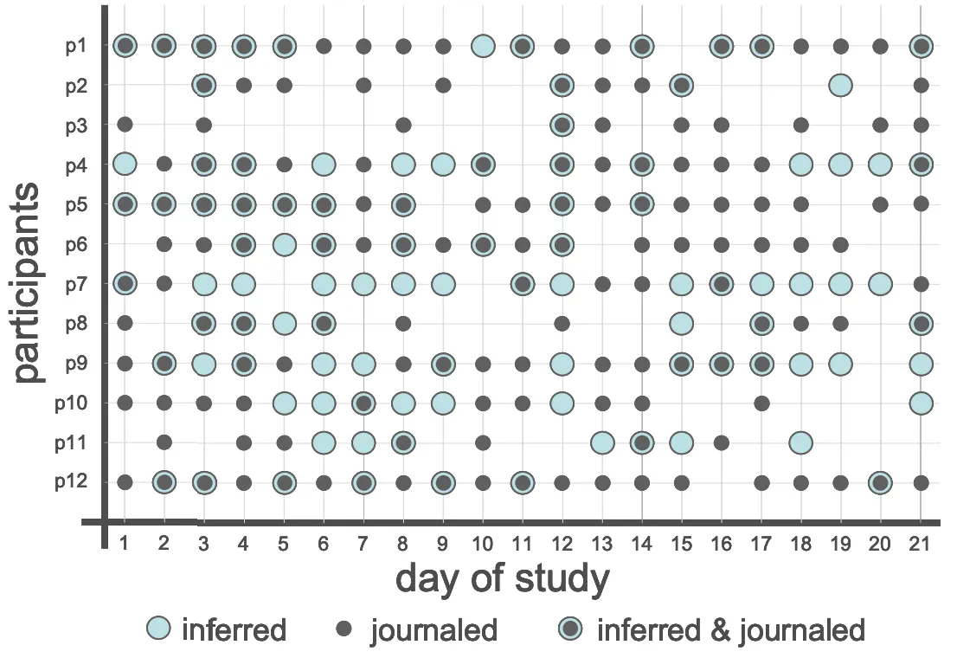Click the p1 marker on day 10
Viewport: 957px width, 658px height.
pyautogui.click(x=483, y=46)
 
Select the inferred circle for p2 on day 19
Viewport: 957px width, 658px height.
pyautogui.click(x=839, y=85)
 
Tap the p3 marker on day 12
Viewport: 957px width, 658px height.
pyautogui.click(x=562, y=125)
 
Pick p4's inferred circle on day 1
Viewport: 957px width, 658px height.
pyautogui.click(x=125, y=164)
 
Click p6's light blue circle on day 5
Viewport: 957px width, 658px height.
pyautogui.click(x=284, y=244)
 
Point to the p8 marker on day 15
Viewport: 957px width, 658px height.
pyautogui.click(x=681, y=323)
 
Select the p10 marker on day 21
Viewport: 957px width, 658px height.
pyautogui.click(x=921, y=403)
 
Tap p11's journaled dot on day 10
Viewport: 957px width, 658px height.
pyautogui.click(x=483, y=442)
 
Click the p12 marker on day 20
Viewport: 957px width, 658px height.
pyautogui.click(x=880, y=482)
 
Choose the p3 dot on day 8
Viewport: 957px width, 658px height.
pyautogui.click(x=403, y=125)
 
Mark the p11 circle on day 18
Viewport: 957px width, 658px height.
pyautogui.click(x=800, y=442)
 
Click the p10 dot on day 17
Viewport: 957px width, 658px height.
pyautogui.click(x=761, y=403)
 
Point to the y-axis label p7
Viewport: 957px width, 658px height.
pyautogui.click(x=75, y=283)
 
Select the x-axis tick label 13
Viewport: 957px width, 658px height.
pyautogui.click(x=602, y=543)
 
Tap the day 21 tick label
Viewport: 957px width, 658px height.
pyautogui.click(x=921, y=543)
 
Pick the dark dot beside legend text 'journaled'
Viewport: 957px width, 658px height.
pyautogui.click(x=344, y=629)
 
